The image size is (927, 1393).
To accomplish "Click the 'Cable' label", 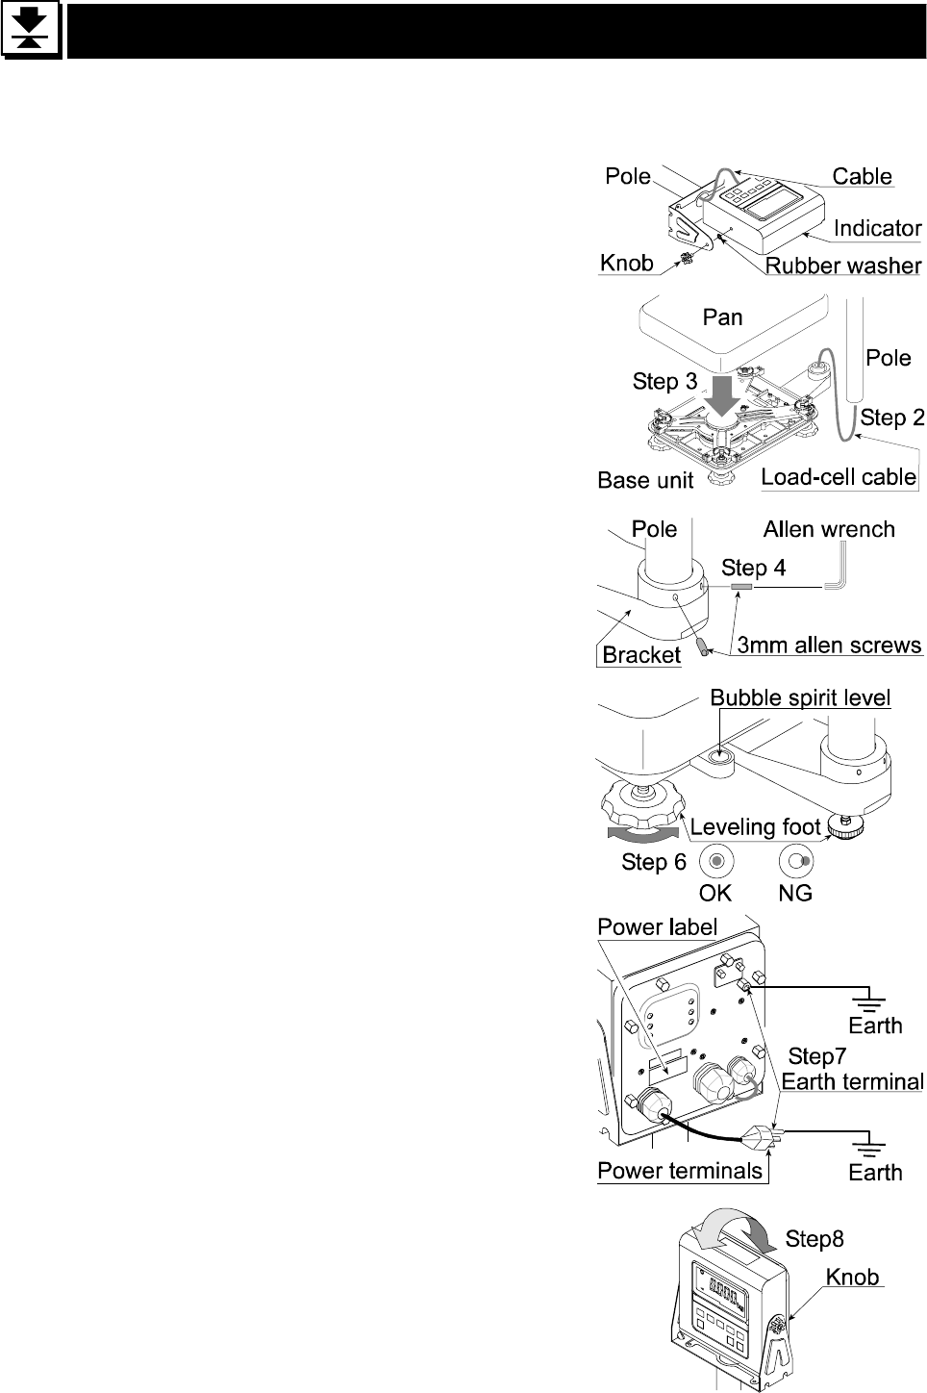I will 862,176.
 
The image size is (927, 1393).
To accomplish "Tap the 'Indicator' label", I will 877,228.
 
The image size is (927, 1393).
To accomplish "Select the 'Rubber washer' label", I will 843,265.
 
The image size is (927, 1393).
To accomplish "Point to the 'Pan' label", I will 722,317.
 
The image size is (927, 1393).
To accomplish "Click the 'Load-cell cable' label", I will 838,476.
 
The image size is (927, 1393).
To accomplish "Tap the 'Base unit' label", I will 645,479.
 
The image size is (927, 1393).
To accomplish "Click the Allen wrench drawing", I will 840,572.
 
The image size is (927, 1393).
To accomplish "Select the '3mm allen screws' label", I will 829,645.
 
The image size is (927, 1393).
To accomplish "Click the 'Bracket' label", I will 640,655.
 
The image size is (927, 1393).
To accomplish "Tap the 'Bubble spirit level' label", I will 800,696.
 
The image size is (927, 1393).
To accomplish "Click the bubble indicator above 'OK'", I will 715,859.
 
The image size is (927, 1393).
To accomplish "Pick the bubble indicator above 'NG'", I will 796,859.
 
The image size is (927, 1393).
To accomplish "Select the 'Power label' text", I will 658,926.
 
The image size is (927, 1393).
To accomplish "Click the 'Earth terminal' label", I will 852,1081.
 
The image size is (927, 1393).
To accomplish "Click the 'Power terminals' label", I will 680,1171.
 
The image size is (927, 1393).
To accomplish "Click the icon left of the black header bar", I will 31,32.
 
